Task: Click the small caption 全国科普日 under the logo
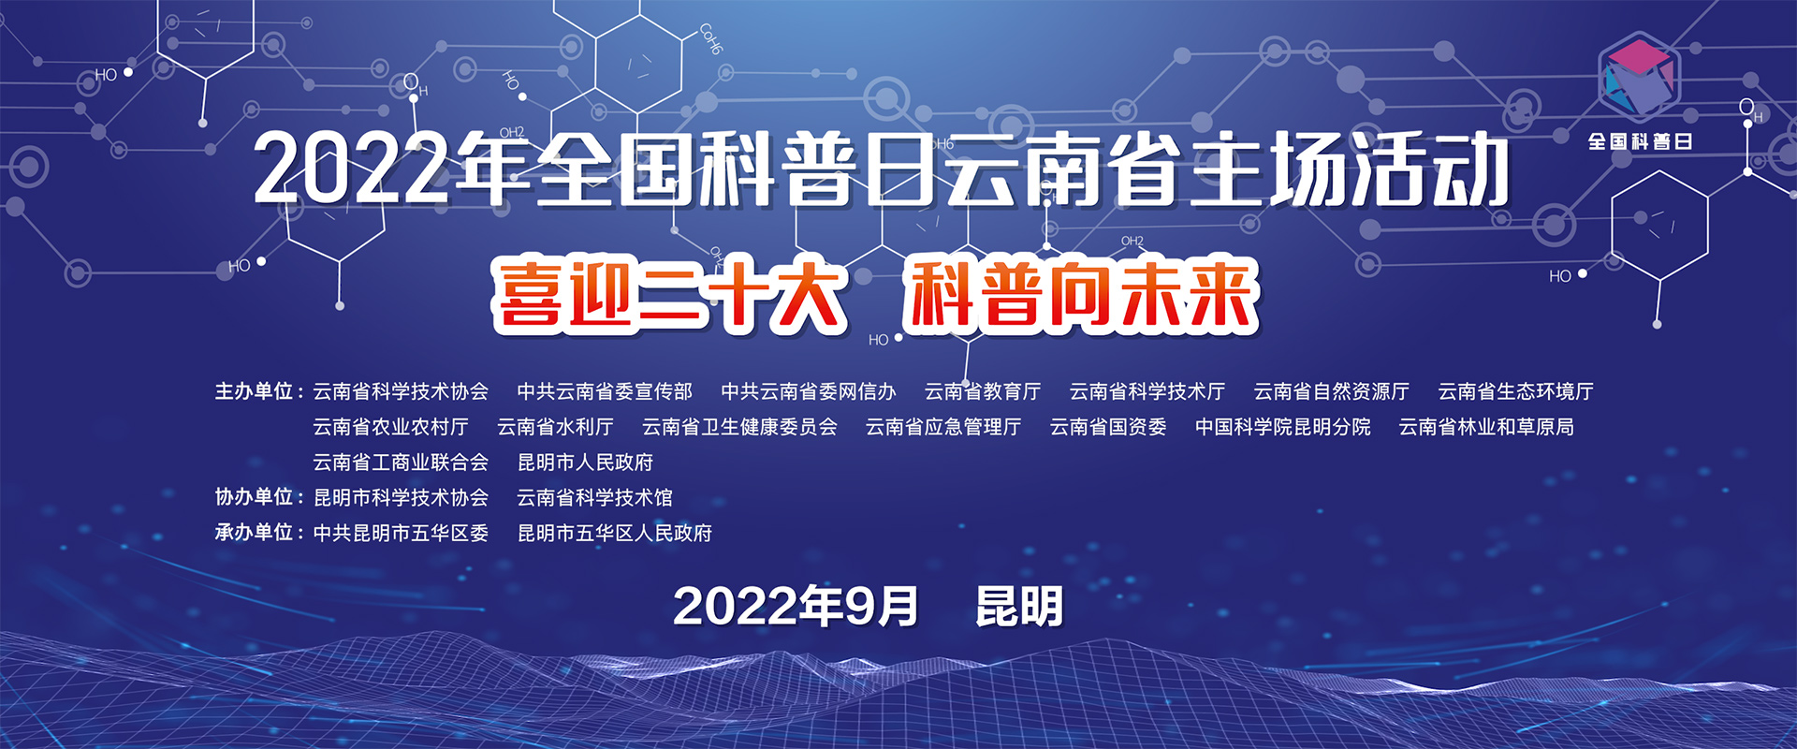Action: pyautogui.click(x=1640, y=142)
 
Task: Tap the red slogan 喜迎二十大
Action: pyautogui.click(x=670, y=297)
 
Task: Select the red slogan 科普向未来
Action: pyautogui.click(x=1081, y=297)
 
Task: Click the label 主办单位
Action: pyautogui.click(x=255, y=391)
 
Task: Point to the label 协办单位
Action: pyautogui.click(x=255, y=497)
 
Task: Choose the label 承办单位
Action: pyautogui.click(x=255, y=533)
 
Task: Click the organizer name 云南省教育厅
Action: pyautogui.click(x=983, y=391)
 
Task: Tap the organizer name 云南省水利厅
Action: pyautogui.click(x=555, y=427)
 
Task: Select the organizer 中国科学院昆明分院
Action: pyautogui.click(x=1283, y=427)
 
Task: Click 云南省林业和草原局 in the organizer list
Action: pyautogui.click(x=1486, y=427)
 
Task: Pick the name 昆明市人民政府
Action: pyautogui.click(x=586, y=463)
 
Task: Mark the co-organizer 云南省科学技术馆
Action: pyautogui.click(x=595, y=497)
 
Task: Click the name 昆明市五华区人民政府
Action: pyautogui.click(x=615, y=533)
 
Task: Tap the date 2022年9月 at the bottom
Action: pyautogui.click(x=796, y=607)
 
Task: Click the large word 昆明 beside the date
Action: pyautogui.click(x=1019, y=607)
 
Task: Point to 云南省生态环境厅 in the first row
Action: pyautogui.click(x=1516, y=391)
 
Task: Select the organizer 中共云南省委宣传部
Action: pyautogui.click(x=605, y=391)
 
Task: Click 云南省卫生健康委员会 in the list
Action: pyautogui.click(x=739, y=427)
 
